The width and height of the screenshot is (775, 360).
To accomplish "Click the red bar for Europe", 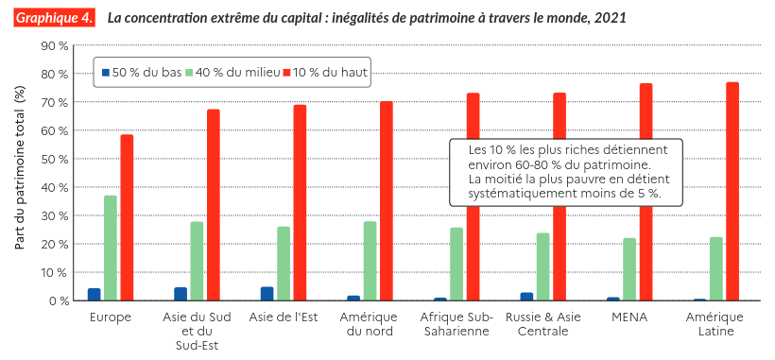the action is (x=127, y=217).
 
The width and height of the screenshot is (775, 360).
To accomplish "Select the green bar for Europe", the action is (x=111, y=248).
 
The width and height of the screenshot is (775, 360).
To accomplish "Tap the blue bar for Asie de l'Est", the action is (x=267, y=293).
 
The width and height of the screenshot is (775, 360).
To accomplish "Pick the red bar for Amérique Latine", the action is (x=732, y=191).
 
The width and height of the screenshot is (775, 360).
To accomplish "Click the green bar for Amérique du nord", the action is (x=370, y=261).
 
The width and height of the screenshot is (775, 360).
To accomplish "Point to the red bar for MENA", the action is (x=646, y=192).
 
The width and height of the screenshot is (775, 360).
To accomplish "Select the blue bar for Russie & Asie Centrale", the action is (x=526, y=297).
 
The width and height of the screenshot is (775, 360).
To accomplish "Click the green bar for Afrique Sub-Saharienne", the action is (x=456, y=264).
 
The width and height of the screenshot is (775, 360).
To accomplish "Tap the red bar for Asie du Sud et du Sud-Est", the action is (x=214, y=204).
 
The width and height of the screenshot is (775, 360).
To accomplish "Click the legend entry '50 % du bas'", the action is (x=142, y=73).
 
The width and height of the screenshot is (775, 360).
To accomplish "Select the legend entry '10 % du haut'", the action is (x=325, y=73).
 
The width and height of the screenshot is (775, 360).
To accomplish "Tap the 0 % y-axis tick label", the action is (x=60, y=300).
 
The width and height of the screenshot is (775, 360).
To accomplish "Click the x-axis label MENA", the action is (x=629, y=317).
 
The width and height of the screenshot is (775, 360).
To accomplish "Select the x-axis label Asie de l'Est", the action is (x=284, y=317).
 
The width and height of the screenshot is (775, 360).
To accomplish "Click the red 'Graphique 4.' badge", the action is (x=54, y=18).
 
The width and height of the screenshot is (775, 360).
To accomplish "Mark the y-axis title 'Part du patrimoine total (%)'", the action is (x=20, y=167).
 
